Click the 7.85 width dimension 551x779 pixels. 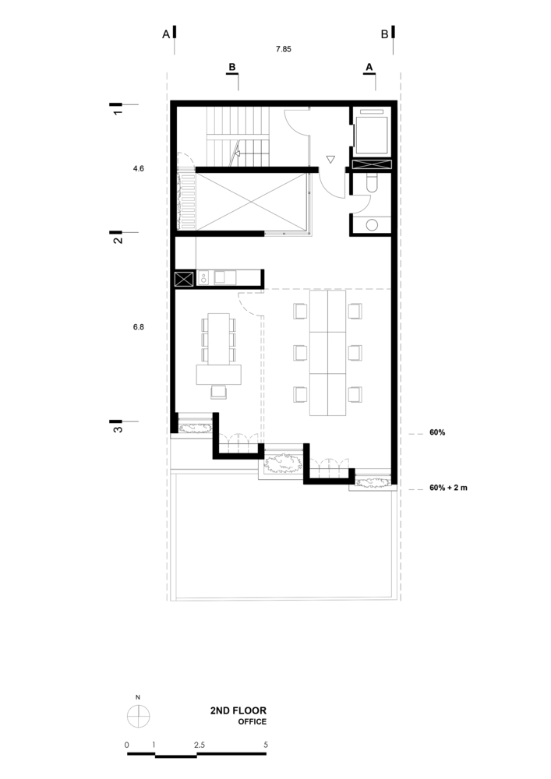tap(284, 49)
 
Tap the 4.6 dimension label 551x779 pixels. tap(139, 168)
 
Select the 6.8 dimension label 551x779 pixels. tap(139, 328)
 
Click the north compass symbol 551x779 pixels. tap(138, 714)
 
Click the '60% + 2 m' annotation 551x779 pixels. tap(449, 488)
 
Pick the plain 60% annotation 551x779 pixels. tap(437, 432)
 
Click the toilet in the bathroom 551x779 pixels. tap(372, 183)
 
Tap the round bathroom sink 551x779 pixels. tap(372, 224)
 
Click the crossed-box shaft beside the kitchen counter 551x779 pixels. tap(184, 279)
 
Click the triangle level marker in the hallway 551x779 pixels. tap(330, 160)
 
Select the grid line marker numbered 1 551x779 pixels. tap(118, 109)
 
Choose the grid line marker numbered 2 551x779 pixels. tap(118, 238)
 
